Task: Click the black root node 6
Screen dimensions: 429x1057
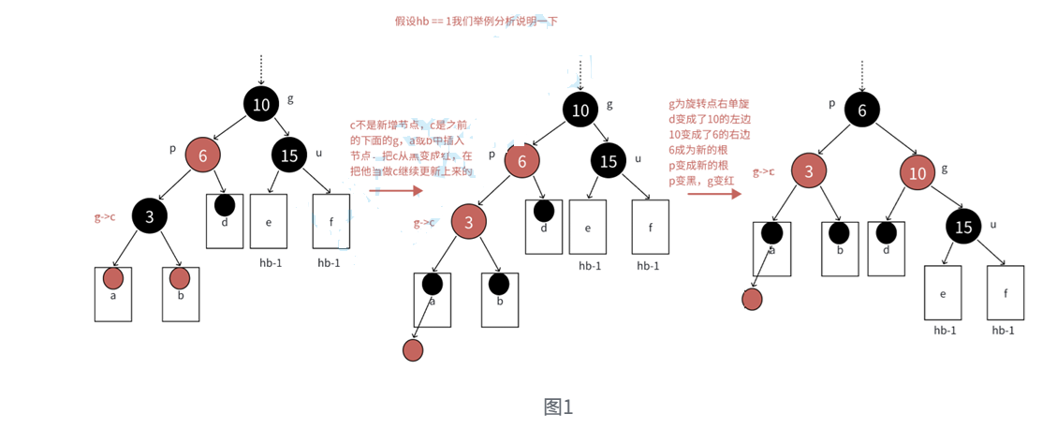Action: (x=862, y=110)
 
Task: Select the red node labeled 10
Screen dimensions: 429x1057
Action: (x=918, y=173)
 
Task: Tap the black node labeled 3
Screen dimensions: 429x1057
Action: (x=149, y=217)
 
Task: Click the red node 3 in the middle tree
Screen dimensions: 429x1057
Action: (x=469, y=223)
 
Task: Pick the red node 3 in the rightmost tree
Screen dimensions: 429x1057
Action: (x=808, y=171)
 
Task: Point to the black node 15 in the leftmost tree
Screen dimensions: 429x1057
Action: (x=289, y=155)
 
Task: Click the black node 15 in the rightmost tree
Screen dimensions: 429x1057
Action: (x=963, y=226)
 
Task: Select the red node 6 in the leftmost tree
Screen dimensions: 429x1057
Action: (x=202, y=155)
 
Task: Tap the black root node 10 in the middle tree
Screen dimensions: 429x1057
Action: (x=580, y=110)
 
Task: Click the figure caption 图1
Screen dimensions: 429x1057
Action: (x=558, y=407)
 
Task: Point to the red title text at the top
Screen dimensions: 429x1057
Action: (x=476, y=21)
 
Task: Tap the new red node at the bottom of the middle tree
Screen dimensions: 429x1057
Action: (x=413, y=350)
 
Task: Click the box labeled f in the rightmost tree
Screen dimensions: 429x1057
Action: (x=1006, y=293)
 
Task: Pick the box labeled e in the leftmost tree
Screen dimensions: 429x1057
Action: (x=268, y=222)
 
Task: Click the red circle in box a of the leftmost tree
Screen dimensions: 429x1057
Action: (x=113, y=278)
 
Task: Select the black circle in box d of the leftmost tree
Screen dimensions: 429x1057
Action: (x=224, y=203)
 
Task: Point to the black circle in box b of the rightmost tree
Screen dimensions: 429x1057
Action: (x=839, y=233)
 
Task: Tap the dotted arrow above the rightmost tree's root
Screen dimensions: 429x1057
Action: (x=861, y=74)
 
